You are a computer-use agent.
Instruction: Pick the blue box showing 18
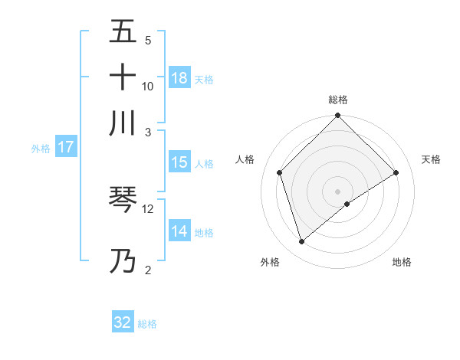coord(179,77)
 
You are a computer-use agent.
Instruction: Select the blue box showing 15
coord(179,162)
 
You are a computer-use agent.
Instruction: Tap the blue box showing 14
coord(179,231)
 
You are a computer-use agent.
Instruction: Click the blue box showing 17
coord(65,147)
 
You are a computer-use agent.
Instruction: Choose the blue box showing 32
coord(123,322)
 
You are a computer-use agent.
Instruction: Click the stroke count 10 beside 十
coord(148,86)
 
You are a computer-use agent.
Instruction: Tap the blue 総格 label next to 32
coord(147,324)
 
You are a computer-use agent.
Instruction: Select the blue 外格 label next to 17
coord(40,148)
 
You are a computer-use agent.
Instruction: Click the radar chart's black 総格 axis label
coord(338,100)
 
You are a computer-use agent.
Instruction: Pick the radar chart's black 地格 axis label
coord(402,263)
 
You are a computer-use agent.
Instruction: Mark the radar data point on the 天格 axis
coord(396,172)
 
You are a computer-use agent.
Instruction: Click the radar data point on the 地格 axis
coord(347,204)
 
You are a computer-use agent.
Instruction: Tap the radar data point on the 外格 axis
coord(301,242)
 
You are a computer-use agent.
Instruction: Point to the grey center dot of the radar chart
coord(338,191)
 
